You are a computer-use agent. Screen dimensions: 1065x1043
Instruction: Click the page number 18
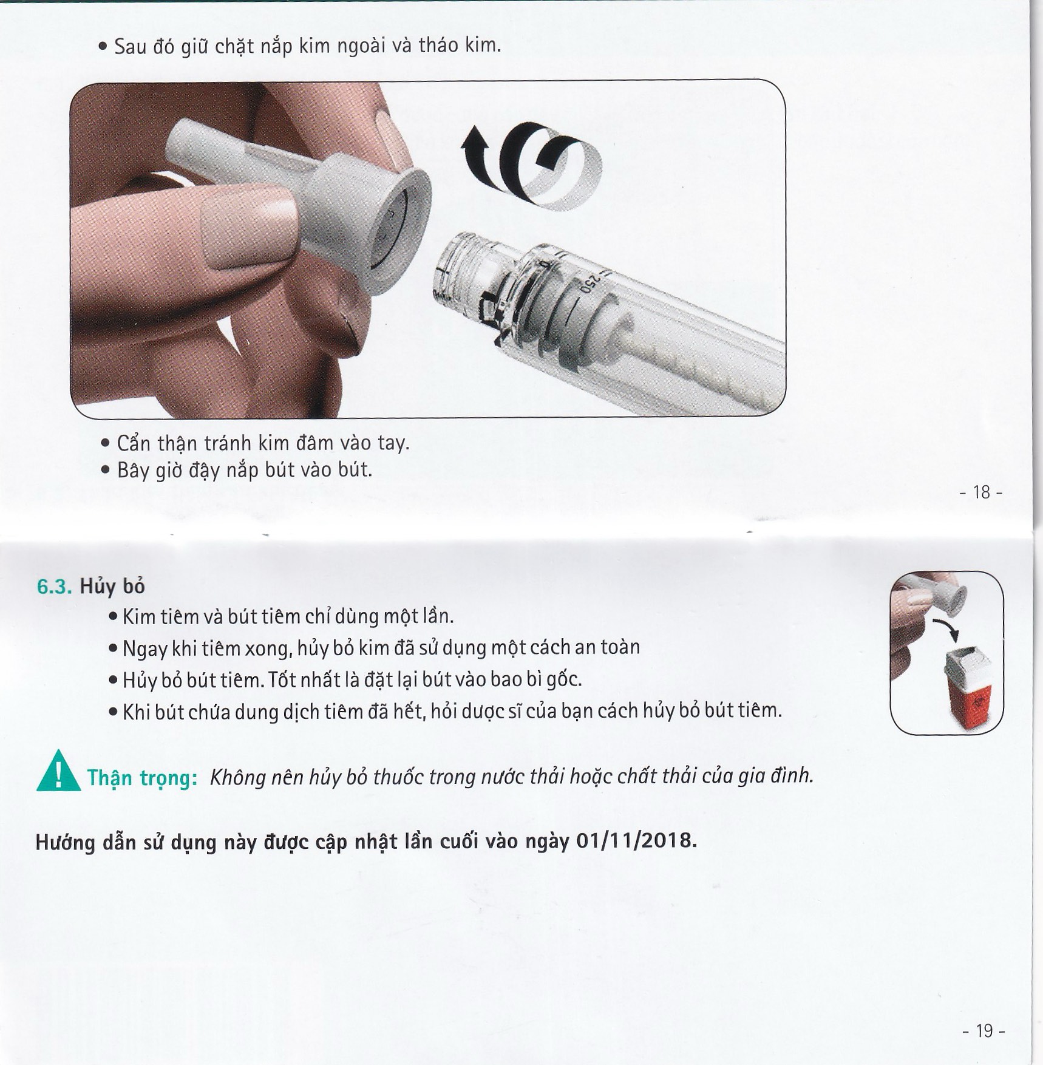(981, 492)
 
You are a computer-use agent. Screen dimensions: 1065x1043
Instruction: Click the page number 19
(984, 1031)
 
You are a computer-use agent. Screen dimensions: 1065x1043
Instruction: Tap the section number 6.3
(55, 587)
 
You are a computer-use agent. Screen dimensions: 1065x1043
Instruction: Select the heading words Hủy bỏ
(112, 586)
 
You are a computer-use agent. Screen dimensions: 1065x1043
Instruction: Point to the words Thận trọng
(142, 778)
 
